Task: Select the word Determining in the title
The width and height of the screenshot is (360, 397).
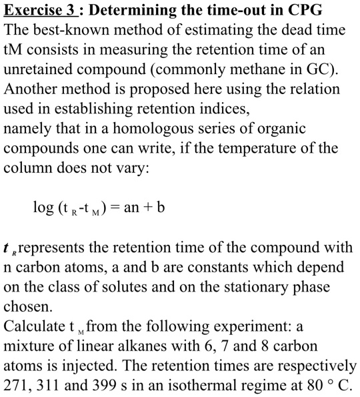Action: [137, 11]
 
